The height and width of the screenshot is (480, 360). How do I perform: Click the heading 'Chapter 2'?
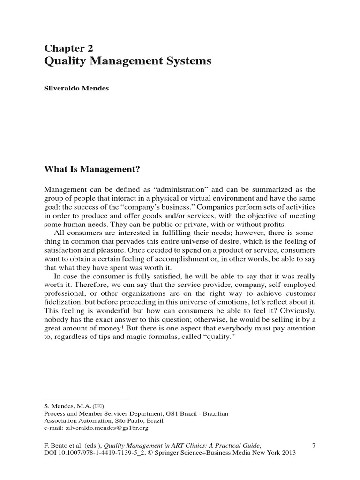pyautogui.click(x=68, y=48)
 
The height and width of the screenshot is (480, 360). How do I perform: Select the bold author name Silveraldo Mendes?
pyautogui.click(x=76, y=88)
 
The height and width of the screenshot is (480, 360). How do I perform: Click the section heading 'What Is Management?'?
pyautogui.click(x=92, y=168)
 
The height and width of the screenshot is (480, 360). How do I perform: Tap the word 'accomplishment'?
pyautogui.click(x=176, y=258)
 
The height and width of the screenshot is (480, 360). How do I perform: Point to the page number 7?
pyautogui.click(x=314, y=445)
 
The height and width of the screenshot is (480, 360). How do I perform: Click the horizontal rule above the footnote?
pyautogui.click(x=86, y=400)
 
